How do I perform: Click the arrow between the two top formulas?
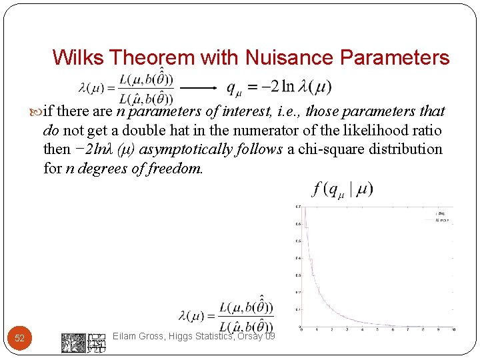[199, 87]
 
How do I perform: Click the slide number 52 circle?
[20, 338]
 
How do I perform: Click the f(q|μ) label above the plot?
[341, 189]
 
